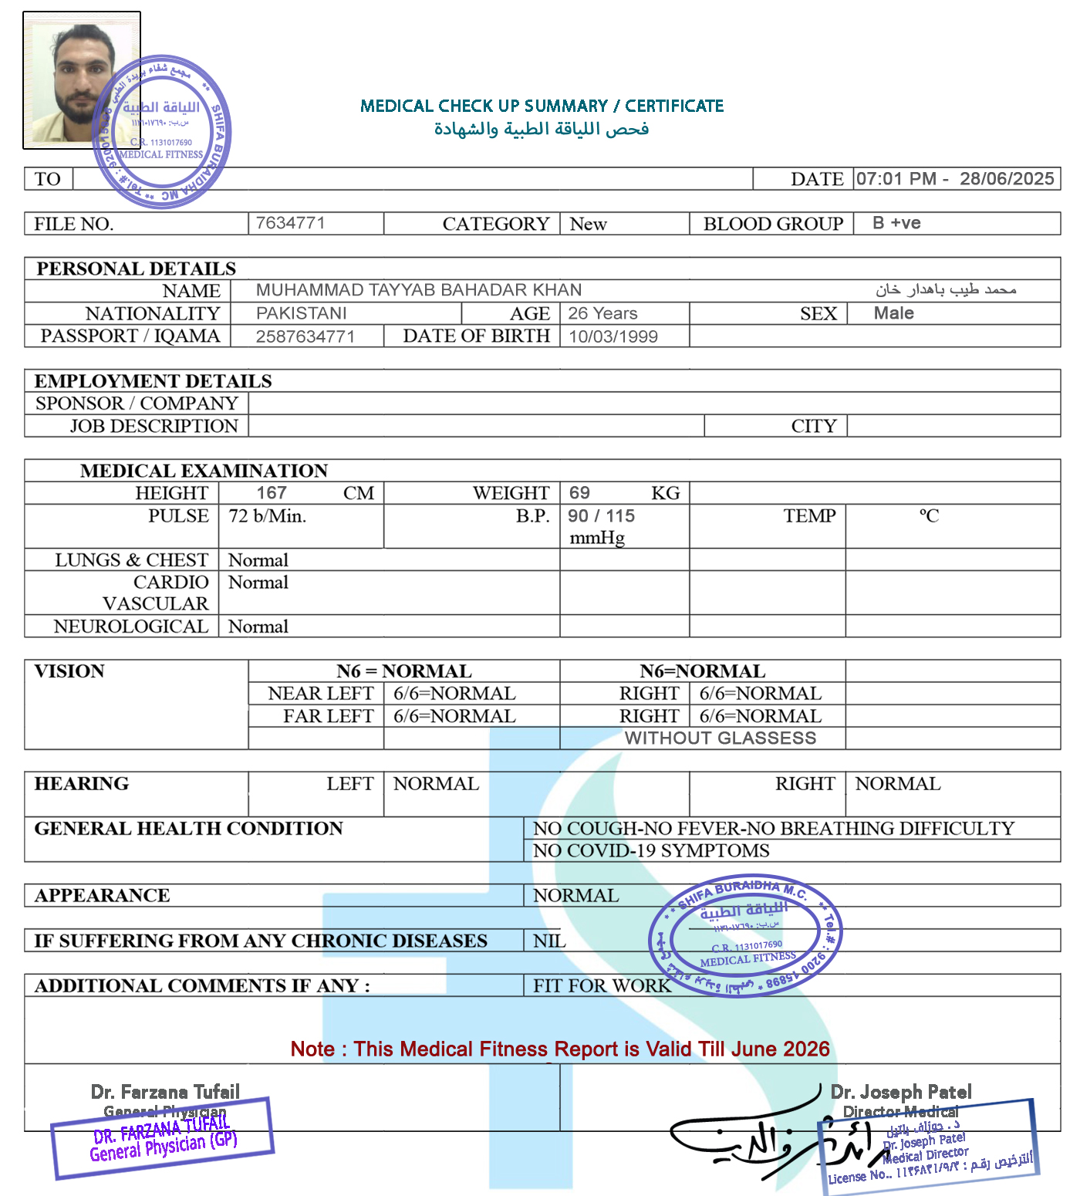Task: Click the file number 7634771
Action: pos(290,223)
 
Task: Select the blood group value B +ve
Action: pos(896,223)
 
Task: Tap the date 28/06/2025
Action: pos(1006,179)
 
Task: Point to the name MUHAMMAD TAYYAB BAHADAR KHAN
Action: pos(419,290)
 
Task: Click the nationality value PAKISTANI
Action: pos(302,313)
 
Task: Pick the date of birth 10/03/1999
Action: pos(613,336)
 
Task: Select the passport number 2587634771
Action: pos(305,336)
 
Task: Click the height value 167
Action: pos(272,493)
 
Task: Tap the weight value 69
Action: pos(579,493)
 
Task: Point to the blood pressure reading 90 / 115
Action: pos(602,515)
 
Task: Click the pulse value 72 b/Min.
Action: pos(268,515)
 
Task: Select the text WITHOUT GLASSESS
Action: pos(720,738)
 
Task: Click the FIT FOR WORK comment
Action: pos(602,985)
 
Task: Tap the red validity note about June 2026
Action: pos(560,1049)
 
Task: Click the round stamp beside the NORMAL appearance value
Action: pos(745,935)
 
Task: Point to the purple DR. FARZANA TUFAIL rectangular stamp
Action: pos(163,1138)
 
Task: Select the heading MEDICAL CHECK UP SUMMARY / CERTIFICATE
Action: pos(542,106)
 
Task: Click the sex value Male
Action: pos(893,313)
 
